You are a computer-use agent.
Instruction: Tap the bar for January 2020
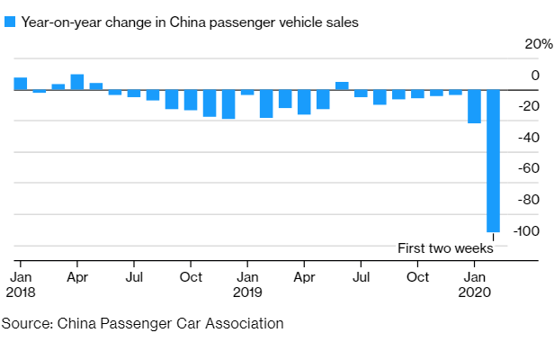pyautogui.click(x=474, y=106)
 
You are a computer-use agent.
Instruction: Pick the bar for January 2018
pyautogui.click(x=20, y=84)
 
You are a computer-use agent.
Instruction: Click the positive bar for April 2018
pyautogui.click(x=77, y=82)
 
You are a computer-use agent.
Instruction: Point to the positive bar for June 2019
pyautogui.click(x=342, y=85)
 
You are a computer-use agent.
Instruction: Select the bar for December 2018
pyautogui.click(x=228, y=104)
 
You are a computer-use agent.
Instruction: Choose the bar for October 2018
pyautogui.click(x=191, y=100)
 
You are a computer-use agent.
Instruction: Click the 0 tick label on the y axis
pyautogui.click(x=535, y=76)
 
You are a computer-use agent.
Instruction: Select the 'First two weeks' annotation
pyautogui.click(x=445, y=248)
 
